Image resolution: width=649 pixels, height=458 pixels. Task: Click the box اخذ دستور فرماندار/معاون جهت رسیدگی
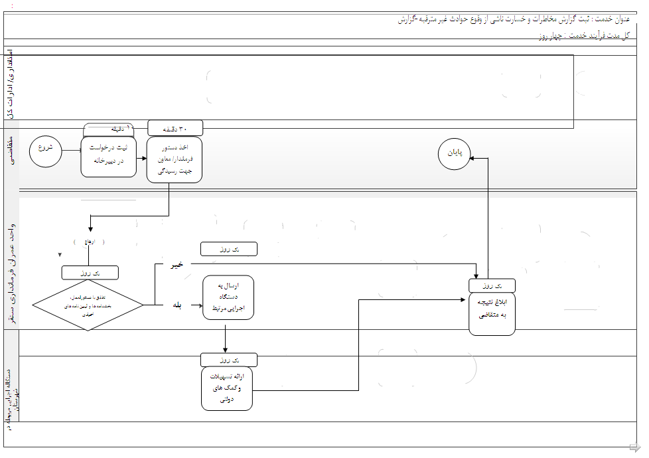coord(175,159)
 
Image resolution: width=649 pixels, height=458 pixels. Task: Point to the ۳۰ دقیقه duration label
coord(175,127)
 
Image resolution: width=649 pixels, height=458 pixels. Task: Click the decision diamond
coord(88,306)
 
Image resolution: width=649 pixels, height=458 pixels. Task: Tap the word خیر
coord(177,265)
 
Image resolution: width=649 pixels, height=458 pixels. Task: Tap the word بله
coord(177,305)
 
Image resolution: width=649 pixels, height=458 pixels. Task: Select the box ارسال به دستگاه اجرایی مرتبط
coord(228,297)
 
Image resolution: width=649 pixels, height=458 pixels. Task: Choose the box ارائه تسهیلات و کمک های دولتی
coord(226,388)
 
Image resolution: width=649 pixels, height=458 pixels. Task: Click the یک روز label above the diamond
coord(90,273)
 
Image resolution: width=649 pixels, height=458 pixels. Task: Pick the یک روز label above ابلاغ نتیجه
coord(492,285)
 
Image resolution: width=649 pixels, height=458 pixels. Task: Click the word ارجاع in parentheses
coord(90,242)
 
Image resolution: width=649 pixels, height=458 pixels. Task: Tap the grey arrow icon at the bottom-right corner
coord(634,446)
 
